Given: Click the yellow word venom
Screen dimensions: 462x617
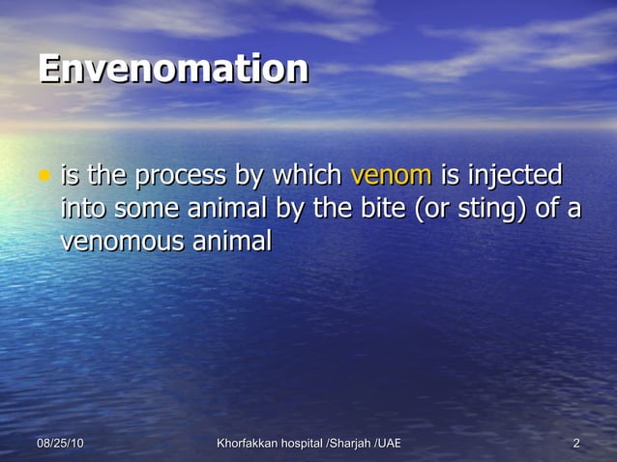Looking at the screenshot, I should (391, 178).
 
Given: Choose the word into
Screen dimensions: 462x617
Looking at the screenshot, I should (83, 209).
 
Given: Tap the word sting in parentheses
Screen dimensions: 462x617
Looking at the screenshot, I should (474, 210).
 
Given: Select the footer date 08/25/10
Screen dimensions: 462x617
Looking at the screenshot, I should (60, 444).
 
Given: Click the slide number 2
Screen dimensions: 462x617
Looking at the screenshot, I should (576, 444).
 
